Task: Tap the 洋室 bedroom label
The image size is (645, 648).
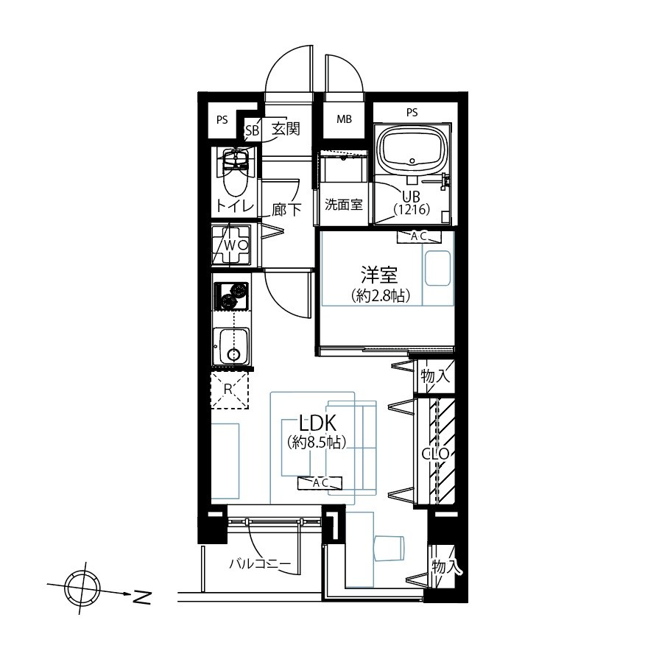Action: coord(379,275)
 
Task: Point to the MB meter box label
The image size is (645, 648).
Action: coord(344,119)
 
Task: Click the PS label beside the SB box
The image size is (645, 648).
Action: coord(222,120)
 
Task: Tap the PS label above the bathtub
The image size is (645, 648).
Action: coord(412,112)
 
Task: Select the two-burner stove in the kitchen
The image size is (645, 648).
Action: coord(231,297)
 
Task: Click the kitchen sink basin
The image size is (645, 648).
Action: coord(233,346)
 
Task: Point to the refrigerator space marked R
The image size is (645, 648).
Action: coord(229,390)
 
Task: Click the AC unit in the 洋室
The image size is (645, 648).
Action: coord(419,237)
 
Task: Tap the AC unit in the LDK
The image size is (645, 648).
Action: coord(320,482)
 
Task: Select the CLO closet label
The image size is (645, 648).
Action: coord(435,454)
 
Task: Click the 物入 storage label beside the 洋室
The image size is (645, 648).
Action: coord(435,376)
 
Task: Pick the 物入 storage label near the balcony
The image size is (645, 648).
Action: coord(446,566)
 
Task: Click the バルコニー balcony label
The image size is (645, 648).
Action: coord(261,564)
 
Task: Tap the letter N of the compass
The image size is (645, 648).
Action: coord(142,597)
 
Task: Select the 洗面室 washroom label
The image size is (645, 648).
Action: coord(343,204)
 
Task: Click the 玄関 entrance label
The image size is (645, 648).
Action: coord(285,130)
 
